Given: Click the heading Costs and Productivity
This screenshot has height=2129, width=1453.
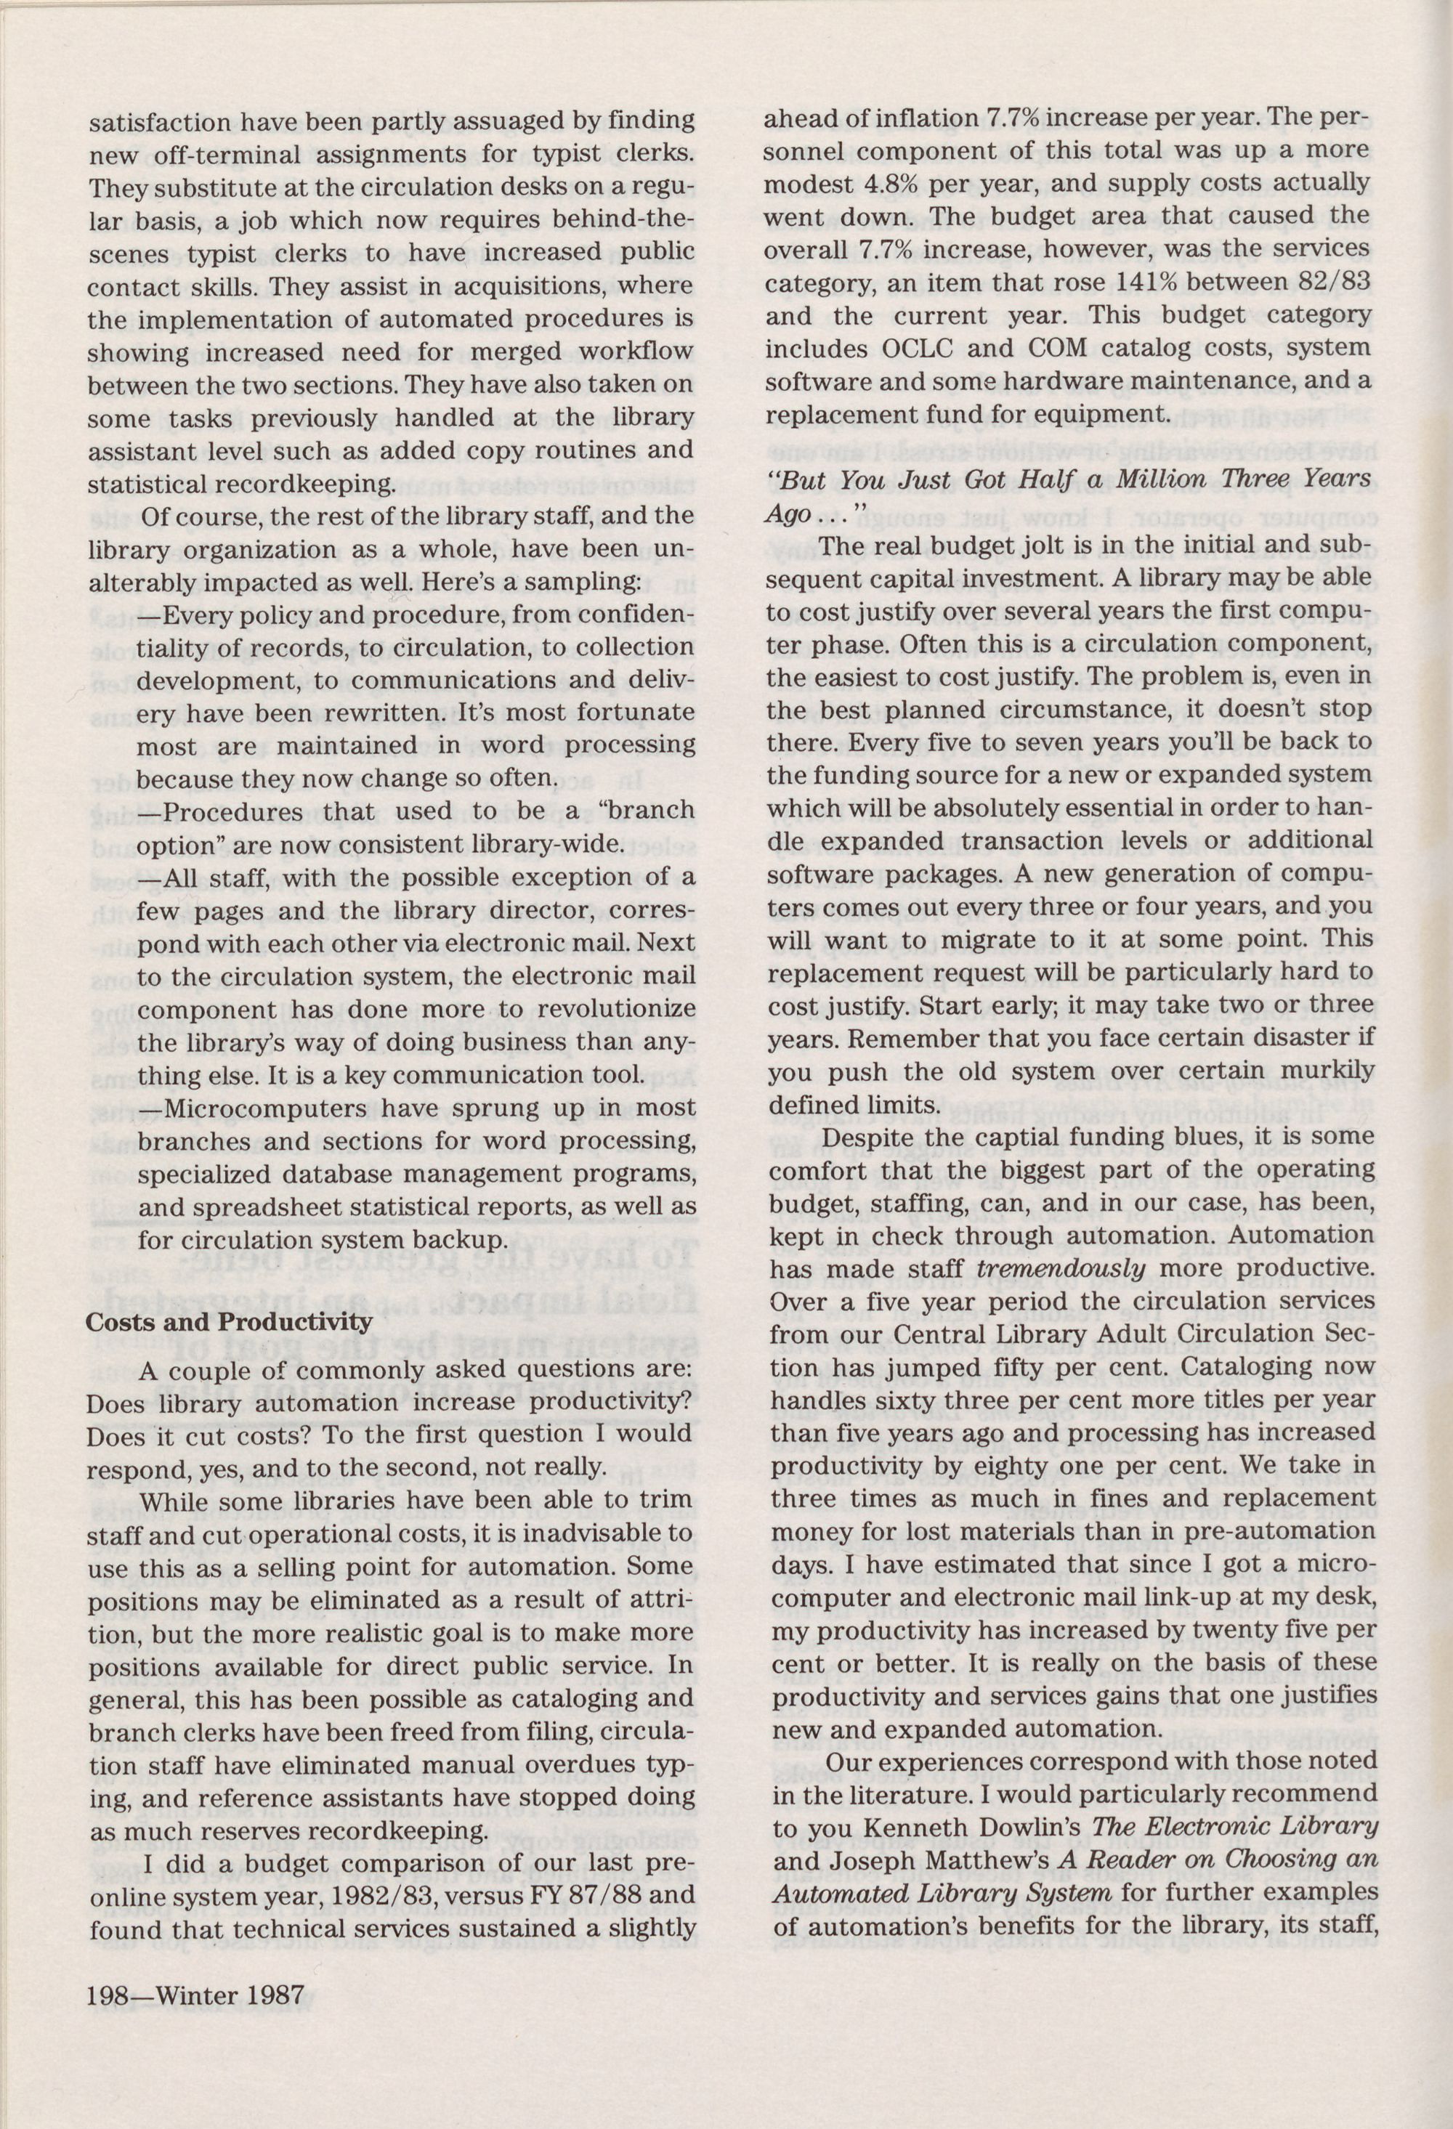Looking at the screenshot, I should click(229, 1322).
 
